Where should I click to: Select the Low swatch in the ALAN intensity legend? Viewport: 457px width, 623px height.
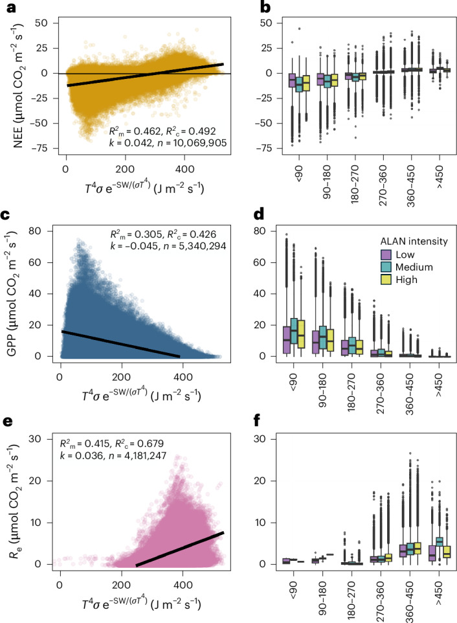pyautogui.click(x=386, y=255)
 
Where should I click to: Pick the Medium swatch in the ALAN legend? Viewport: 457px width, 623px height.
pyautogui.click(x=386, y=267)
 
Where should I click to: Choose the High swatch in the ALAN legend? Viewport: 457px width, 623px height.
pyautogui.click(x=386, y=280)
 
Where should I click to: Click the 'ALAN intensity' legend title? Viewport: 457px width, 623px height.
pyautogui.click(x=414, y=241)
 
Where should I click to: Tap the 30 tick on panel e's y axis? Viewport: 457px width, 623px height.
pyautogui.click(x=36, y=439)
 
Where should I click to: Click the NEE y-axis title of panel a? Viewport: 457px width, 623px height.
pyautogui.click(x=18, y=86)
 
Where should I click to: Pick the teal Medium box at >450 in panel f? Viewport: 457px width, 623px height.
pyautogui.click(x=439, y=541)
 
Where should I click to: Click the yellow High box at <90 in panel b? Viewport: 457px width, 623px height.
pyautogui.click(x=306, y=83)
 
